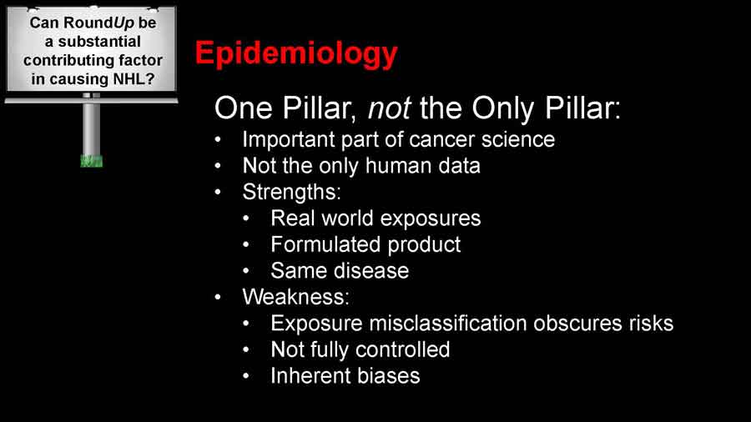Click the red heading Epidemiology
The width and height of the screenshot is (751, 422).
296,54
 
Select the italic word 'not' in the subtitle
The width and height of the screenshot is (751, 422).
389,108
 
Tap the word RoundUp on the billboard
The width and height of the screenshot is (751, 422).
98,23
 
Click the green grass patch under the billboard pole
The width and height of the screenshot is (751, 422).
92,161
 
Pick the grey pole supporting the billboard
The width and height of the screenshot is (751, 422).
92,128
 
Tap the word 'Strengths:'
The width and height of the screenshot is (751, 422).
292,193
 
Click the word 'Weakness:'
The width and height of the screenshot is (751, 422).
296,297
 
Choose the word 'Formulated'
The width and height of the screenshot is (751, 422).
325,244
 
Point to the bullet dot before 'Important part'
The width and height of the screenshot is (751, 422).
219,140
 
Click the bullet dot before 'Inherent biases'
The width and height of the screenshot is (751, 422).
246,376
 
